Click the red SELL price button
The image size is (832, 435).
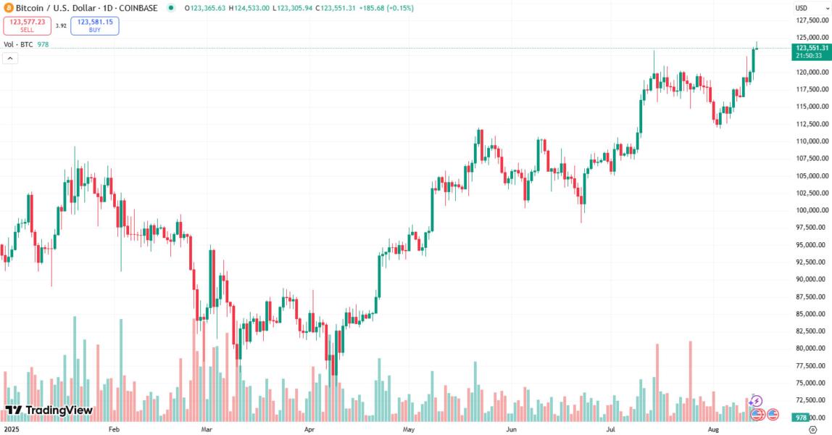click(27, 25)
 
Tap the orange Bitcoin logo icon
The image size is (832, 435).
click(8, 8)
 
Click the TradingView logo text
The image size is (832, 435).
click(49, 410)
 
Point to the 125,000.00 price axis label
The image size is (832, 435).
click(811, 37)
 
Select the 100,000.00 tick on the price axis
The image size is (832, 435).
click(811, 210)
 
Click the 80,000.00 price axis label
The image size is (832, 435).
click(811, 349)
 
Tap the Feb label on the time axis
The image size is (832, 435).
click(113, 429)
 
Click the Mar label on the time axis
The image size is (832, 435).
click(207, 429)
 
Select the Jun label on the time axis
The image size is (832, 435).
click(511, 429)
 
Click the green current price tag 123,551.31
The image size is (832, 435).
click(811, 48)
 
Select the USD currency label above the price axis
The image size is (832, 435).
click(801, 8)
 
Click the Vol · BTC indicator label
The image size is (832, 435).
click(18, 44)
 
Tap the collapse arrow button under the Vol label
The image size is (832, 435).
click(11, 58)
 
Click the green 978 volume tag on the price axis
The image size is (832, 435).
click(801, 418)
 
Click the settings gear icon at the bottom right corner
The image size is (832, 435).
click(812, 429)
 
